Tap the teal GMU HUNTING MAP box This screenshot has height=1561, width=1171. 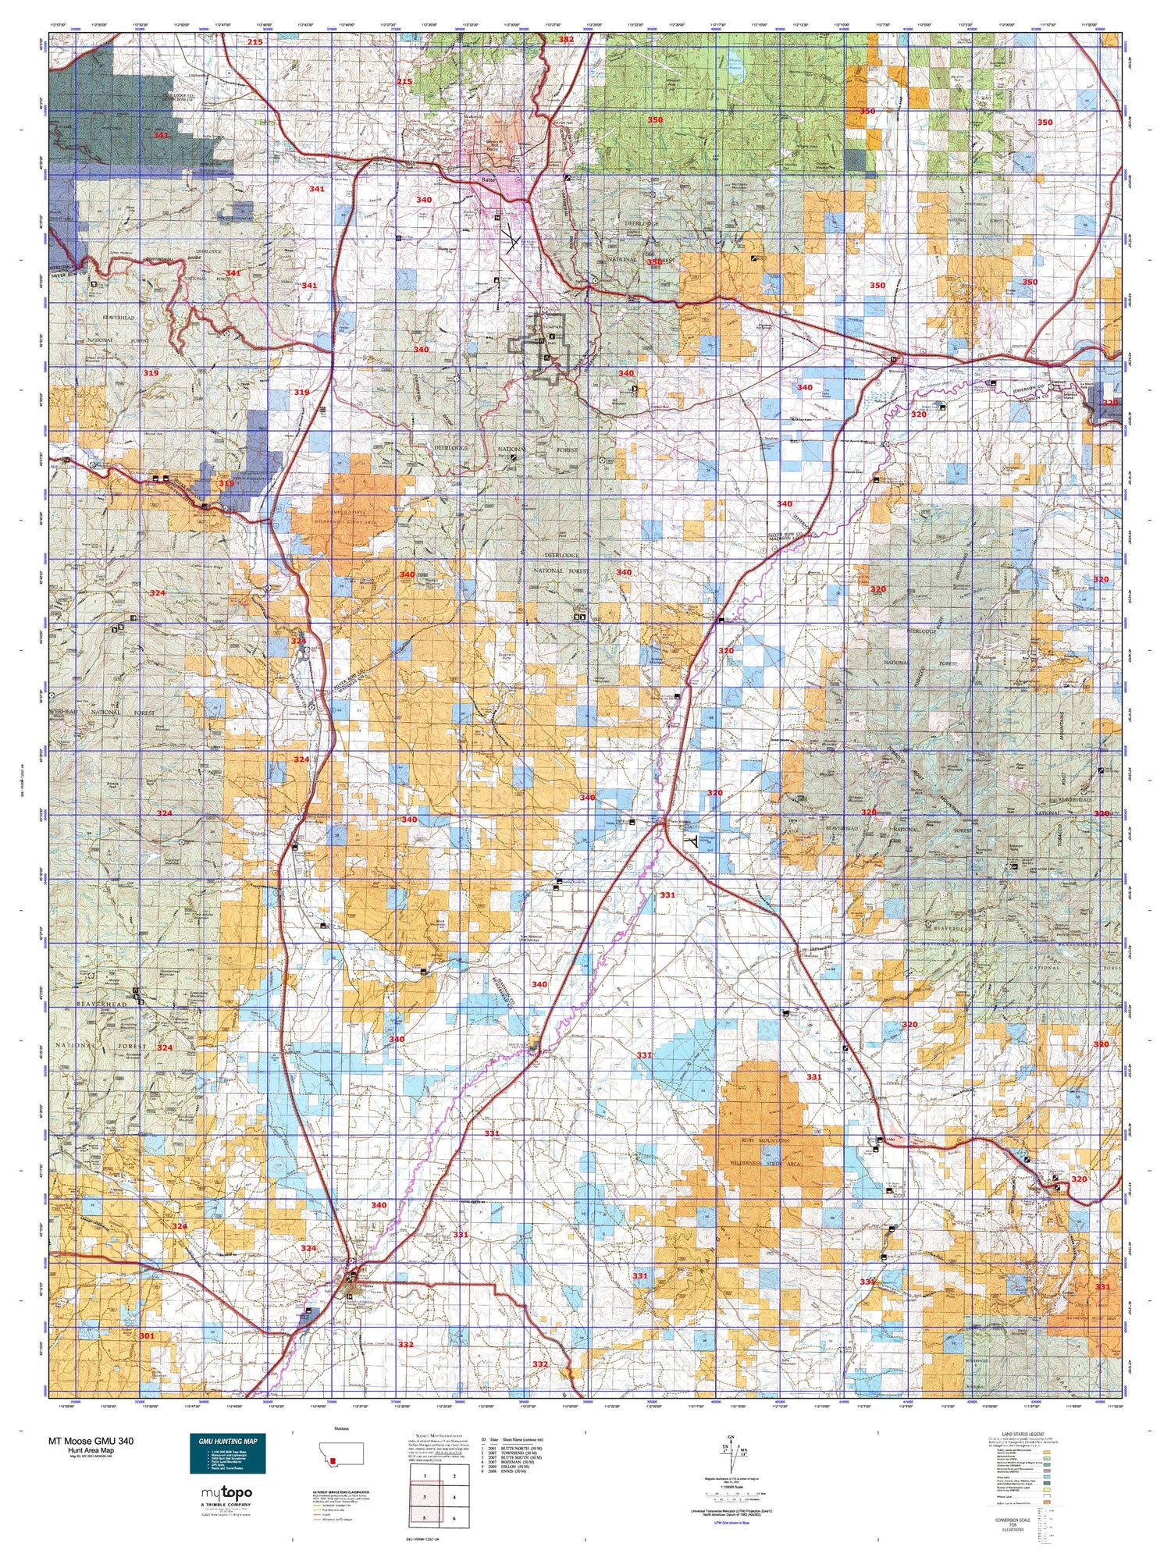pos(227,1453)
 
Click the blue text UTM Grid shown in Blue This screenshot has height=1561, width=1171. pos(731,1523)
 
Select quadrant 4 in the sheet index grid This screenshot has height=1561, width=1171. pos(454,1497)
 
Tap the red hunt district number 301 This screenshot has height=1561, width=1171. pos(147,1336)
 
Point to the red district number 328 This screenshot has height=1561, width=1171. pos(1111,403)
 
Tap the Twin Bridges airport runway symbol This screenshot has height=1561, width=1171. pos(692,841)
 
